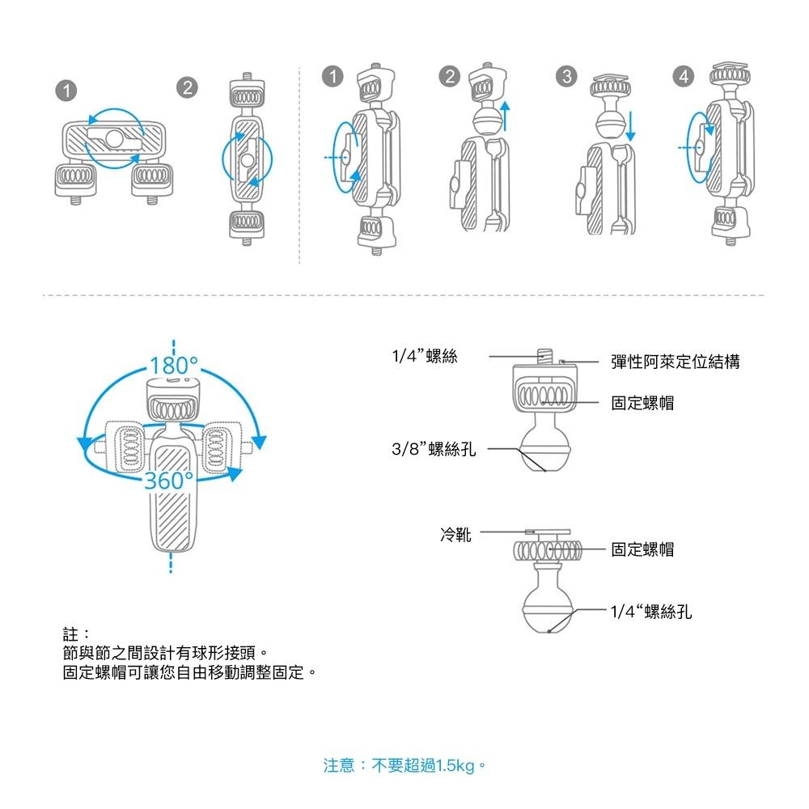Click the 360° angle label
tap(169, 481)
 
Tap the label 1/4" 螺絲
tap(425, 356)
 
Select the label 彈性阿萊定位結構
tap(675, 362)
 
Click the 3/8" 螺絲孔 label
tap(433, 449)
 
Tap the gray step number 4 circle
tap(684, 77)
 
